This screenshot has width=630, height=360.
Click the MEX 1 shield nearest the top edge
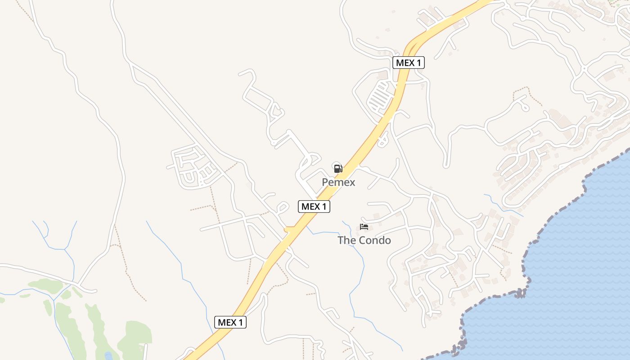(x=408, y=63)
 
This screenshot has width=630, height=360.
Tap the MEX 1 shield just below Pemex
(x=314, y=207)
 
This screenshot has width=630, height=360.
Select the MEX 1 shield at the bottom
(x=230, y=322)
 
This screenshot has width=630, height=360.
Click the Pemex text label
(x=338, y=182)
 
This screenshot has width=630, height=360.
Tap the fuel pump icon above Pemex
(x=338, y=168)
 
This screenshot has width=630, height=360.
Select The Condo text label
(x=364, y=240)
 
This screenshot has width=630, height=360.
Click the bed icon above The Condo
(x=364, y=227)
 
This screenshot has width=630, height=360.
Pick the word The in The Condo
(x=346, y=240)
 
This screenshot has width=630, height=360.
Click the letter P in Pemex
(x=325, y=182)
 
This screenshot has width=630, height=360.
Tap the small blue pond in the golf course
(x=108, y=356)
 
